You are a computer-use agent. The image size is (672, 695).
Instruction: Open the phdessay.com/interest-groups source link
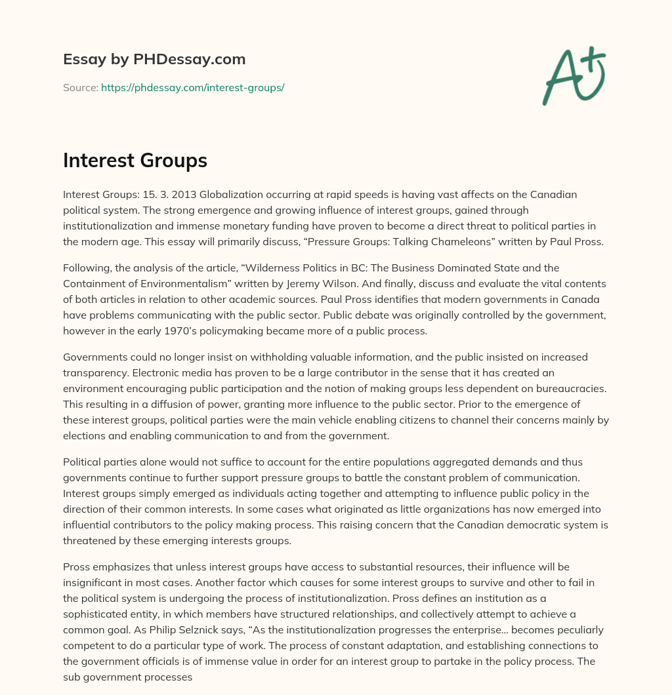[192, 87]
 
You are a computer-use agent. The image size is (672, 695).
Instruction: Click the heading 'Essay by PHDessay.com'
[154, 59]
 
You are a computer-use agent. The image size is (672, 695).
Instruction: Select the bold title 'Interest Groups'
[135, 161]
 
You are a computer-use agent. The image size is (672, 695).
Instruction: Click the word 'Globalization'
[222, 195]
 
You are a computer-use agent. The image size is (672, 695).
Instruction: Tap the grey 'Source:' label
[81, 87]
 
